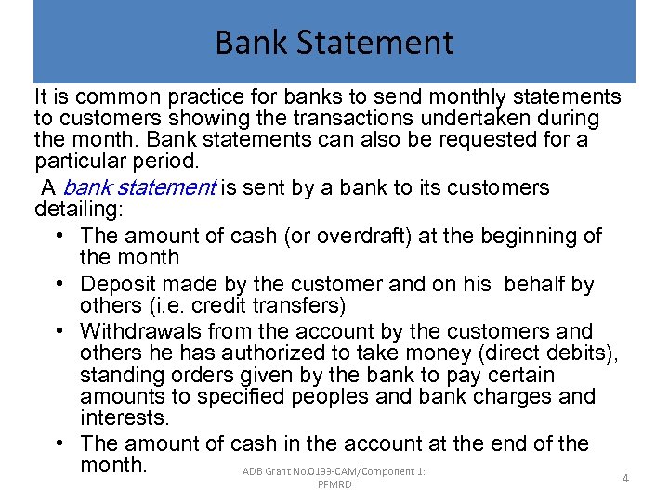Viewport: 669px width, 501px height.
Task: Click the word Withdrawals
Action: (x=140, y=331)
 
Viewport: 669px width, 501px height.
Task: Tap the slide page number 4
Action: (x=625, y=479)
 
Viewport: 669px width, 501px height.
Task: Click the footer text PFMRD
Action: (x=334, y=485)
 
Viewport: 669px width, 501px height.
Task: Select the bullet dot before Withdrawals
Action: (x=58, y=332)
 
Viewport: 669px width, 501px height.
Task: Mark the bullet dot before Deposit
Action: (x=58, y=285)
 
